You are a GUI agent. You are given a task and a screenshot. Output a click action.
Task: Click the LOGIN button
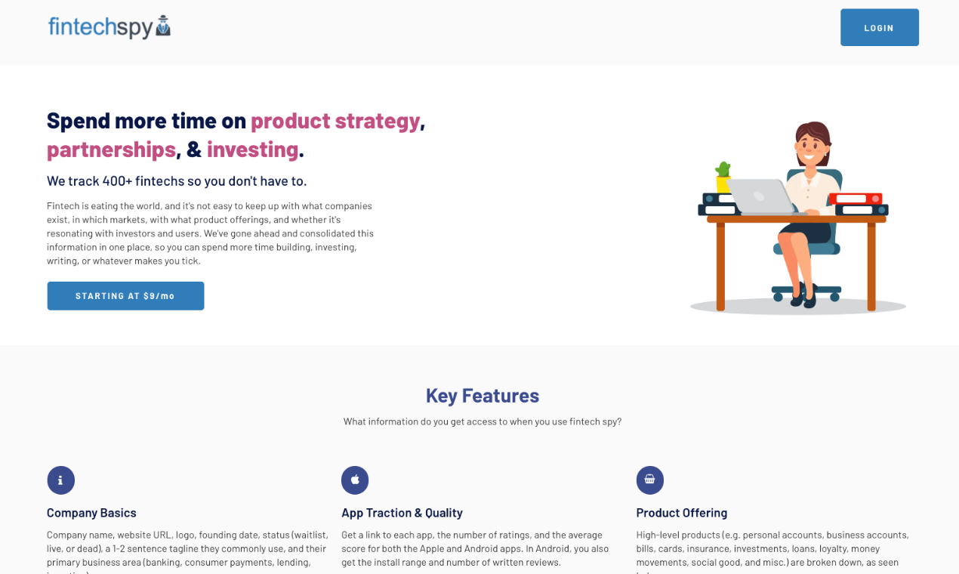879,28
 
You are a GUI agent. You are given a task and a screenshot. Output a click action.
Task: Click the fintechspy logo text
100,27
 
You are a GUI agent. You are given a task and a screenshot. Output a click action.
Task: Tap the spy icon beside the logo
163,26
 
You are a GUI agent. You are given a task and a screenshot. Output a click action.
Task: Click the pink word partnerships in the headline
111,150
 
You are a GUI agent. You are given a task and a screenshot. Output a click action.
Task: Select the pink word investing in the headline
252,150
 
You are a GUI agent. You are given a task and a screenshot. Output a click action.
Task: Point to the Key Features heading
482,396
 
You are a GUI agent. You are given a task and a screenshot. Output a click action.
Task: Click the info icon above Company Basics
60,480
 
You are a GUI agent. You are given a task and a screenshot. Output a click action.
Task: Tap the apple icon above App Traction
355,480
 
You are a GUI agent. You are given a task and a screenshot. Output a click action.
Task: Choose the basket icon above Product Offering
649,480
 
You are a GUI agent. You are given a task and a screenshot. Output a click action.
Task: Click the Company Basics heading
91,513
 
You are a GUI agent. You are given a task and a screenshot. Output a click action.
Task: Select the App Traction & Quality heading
402,513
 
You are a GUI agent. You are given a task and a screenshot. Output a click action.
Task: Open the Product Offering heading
681,513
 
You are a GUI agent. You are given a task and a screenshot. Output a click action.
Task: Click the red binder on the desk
855,199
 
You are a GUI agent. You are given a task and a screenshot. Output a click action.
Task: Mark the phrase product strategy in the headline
335,120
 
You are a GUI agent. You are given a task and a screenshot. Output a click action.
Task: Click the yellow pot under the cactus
723,184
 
